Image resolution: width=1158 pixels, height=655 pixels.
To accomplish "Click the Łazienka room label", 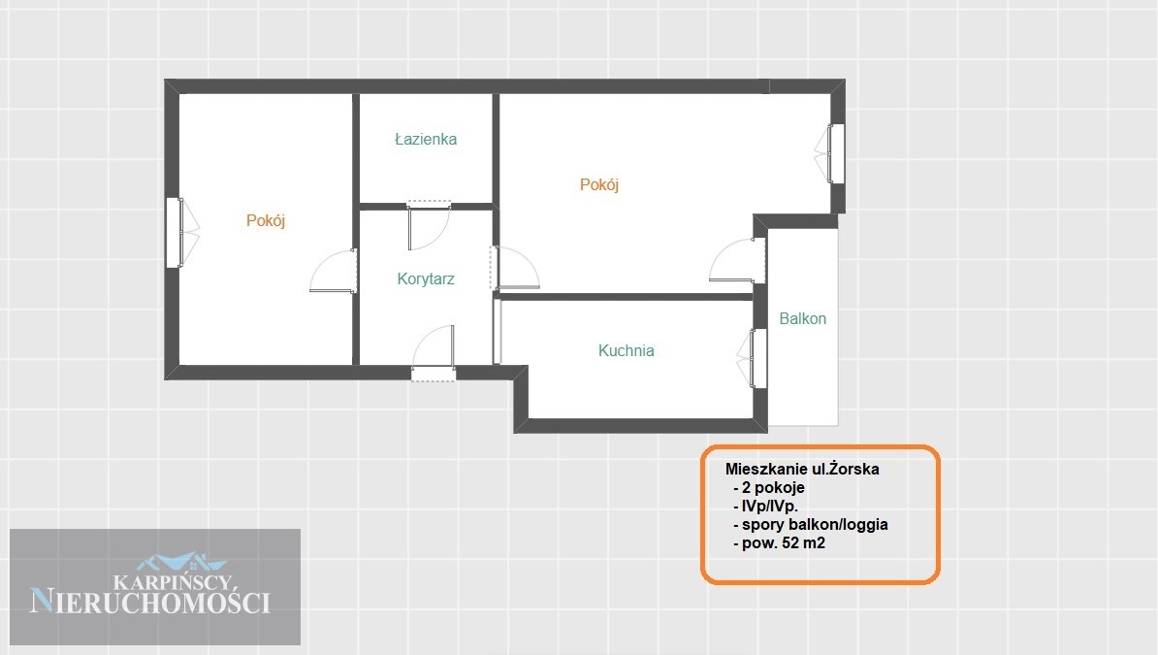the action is click(x=426, y=139).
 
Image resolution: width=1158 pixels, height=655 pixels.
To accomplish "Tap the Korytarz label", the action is click(x=426, y=278).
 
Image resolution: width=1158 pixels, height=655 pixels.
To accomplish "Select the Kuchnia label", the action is click(x=627, y=350).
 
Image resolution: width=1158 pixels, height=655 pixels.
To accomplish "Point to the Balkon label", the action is click(x=803, y=318).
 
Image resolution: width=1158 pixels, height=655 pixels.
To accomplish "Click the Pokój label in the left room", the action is click(x=266, y=220).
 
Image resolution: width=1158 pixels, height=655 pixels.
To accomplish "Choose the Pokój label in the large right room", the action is click(x=599, y=184).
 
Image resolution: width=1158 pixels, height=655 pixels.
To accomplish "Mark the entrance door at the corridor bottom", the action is click(x=434, y=353).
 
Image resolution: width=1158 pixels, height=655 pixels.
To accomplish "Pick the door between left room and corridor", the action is click(x=334, y=271).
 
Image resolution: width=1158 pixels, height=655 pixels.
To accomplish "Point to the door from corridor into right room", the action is click(x=515, y=268).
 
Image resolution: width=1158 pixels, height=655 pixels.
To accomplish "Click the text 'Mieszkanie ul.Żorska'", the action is click(x=802, y=469).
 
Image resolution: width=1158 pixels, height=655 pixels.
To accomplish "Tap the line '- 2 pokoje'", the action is click(x=769, y=487).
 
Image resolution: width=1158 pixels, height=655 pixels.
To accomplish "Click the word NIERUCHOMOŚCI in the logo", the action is click(x=150, y=601).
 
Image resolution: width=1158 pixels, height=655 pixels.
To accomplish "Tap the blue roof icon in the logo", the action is click(x=181, y=562).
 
